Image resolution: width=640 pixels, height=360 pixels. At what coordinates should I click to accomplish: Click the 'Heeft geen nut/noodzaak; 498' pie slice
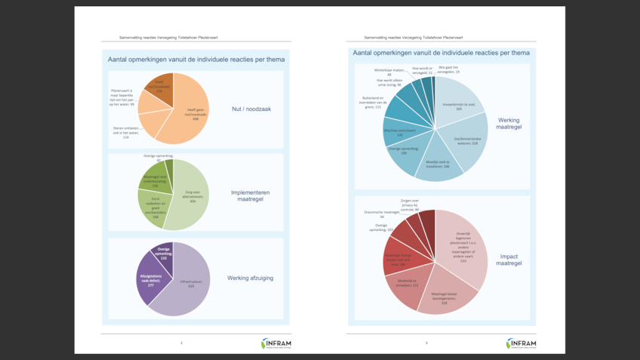click(189, 113)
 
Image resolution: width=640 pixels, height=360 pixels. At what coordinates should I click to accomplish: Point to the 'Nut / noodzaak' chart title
click(252, 109)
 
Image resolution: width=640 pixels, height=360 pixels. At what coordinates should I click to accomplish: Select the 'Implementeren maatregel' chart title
click(252, 196)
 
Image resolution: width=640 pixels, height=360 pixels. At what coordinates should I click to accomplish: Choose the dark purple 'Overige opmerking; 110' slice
click(164, 254)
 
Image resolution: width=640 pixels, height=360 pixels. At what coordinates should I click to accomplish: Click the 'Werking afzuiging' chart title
click(252, 278)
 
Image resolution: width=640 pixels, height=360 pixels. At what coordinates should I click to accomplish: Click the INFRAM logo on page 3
click(521, 343)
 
